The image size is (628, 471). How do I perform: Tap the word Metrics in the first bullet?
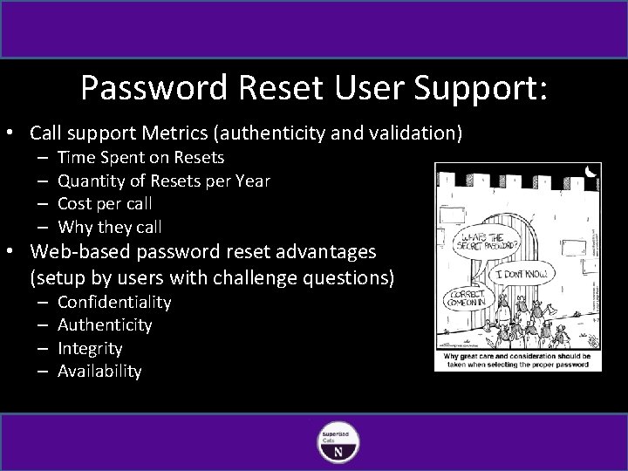pos(181,133)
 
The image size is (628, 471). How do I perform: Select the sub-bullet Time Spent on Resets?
pos(140,158)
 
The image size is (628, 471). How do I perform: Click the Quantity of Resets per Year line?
pos(163,181)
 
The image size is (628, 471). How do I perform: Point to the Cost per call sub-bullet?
pos(105,203)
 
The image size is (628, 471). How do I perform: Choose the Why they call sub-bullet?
pos(110,227)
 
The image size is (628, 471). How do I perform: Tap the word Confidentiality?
pos(114,302)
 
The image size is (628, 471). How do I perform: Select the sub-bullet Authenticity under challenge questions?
pos(105,324)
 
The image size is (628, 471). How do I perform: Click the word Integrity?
pos(90,348)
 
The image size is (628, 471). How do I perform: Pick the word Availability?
pos(99,371)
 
